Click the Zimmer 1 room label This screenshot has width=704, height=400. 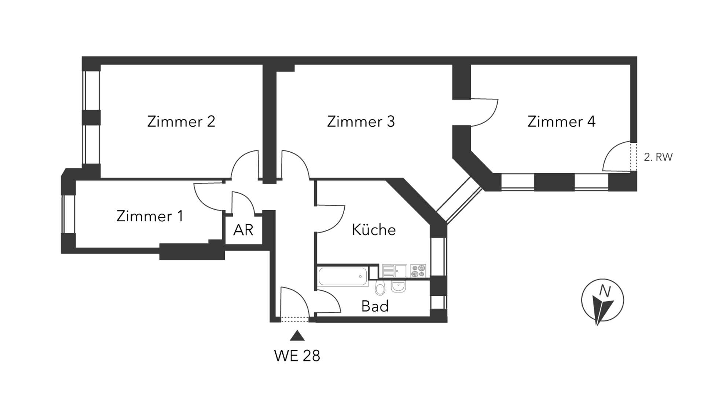(150, 216)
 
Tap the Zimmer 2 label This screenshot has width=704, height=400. (181, 121)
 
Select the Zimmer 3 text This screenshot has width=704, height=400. (361, 121)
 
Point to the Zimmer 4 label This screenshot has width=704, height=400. (561, 121)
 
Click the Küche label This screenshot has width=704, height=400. (374, 230)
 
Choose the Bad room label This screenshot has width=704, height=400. (375, 306)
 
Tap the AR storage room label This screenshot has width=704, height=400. (243, 230)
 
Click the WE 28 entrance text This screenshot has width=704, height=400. (297, 356)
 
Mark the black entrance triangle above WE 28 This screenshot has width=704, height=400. (297, 336)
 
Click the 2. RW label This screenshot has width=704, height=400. (658, 157)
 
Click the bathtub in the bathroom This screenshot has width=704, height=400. (343, 276)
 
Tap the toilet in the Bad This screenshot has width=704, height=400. (380, 288)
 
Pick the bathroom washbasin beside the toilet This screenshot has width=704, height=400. (398, 286)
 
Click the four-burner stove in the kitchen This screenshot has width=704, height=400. (418, 271)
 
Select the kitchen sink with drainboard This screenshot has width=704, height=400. (395, 271)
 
